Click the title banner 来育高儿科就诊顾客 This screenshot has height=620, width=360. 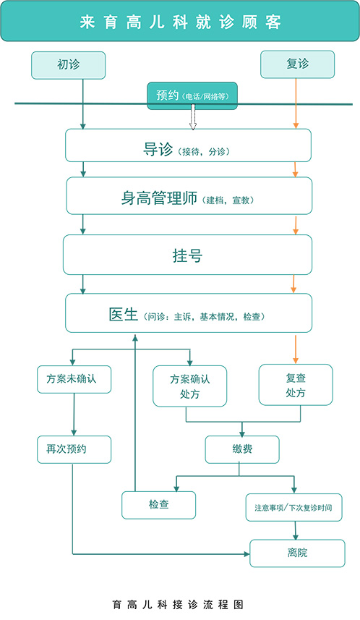click(180, 21)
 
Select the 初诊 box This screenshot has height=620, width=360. click(69, 65)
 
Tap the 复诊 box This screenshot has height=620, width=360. click(297, 64)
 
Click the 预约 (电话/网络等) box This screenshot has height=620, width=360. click(192, 95)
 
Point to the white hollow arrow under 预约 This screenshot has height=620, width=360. click(193, 117)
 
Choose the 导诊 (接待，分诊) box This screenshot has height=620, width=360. click(188, 145)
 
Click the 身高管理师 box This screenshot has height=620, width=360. click(189, 196)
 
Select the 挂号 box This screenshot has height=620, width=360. click(188, 255)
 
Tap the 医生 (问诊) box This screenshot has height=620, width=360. click(189, 313)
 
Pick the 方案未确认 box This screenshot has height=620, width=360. click(74, 379)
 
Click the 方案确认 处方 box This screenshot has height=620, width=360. click(189, 386)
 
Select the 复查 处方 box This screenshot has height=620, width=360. click(296, 385)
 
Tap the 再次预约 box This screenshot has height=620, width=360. click(74, 449)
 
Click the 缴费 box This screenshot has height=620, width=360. click(242, 449)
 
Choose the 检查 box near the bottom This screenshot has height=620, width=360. click(158, 505)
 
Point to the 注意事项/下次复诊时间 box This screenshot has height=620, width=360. click(294, 507)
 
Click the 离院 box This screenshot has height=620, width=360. click(297, 553)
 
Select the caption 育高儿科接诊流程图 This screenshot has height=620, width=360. click(178, 605)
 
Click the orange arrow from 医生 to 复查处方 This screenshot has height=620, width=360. click(296, 349)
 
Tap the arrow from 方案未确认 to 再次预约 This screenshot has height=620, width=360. click(74, 415)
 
